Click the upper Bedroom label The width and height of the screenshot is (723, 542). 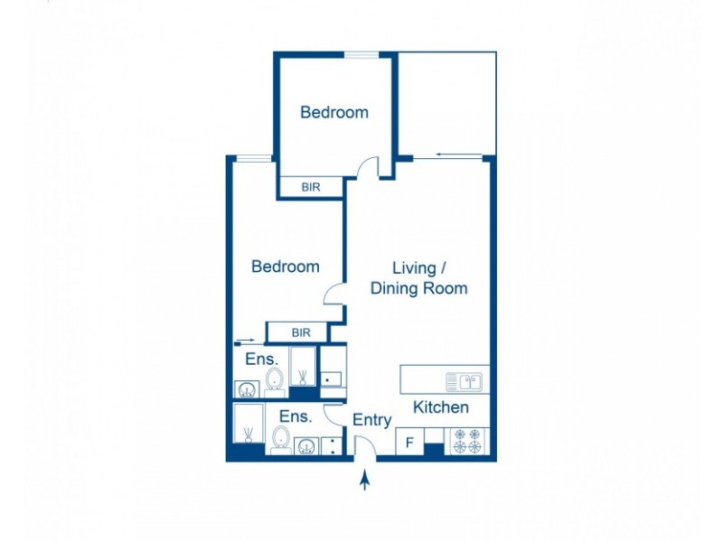pos(334,113)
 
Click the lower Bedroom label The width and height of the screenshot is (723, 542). pos(285,266)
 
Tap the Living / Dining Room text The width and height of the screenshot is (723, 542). pos(418,278)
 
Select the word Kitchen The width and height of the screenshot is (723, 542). pos(441,407)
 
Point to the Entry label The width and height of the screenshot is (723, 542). pos(371,420)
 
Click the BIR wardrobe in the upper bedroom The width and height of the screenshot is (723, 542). pos(310,187)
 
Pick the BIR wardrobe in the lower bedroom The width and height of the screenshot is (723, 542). pos(301,332)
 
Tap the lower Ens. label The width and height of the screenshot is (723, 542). pos(295,416)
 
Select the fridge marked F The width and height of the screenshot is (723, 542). pos(409,443)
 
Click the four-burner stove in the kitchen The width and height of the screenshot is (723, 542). pos(469,441)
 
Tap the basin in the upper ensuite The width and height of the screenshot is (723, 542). pos(246,390)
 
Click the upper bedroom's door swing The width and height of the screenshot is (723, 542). pos(367,168)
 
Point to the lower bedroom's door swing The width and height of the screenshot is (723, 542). pos(333,294)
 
